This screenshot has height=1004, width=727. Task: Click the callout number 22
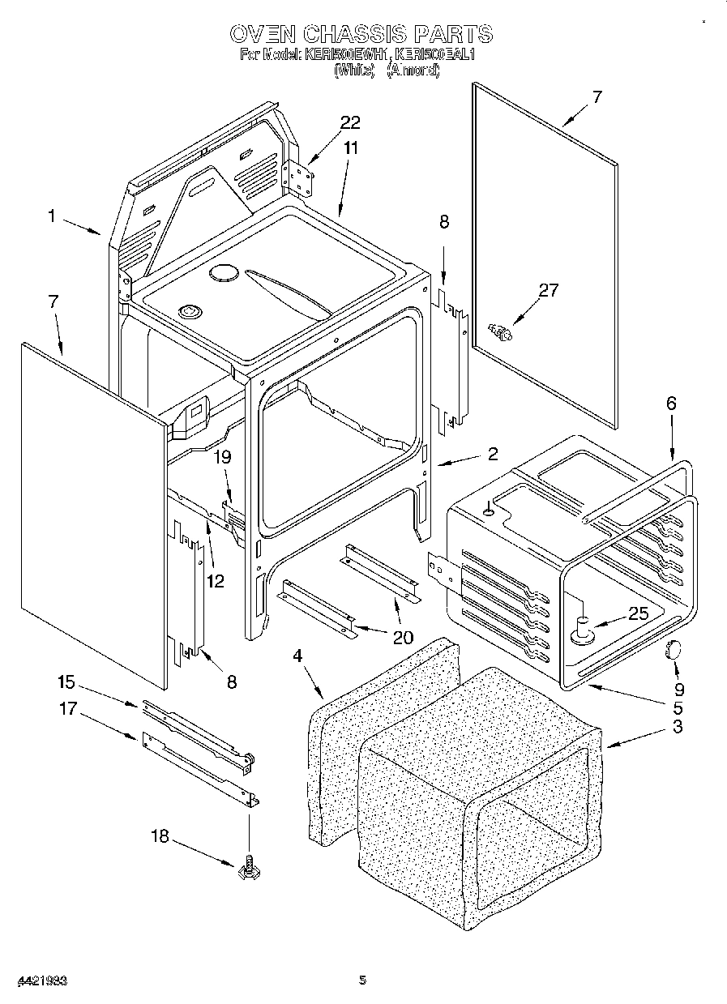350,122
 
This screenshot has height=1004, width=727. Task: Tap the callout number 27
549,290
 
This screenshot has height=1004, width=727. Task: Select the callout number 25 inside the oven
639,613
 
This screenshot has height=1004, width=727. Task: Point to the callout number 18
160,835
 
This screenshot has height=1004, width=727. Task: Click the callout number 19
222,457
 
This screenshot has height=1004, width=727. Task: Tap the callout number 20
402,637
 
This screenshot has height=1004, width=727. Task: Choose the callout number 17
68,708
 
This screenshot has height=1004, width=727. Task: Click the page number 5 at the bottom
363,980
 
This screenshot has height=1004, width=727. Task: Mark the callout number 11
350,147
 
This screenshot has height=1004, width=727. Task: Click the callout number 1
51,216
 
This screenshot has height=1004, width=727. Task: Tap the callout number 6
671,404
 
